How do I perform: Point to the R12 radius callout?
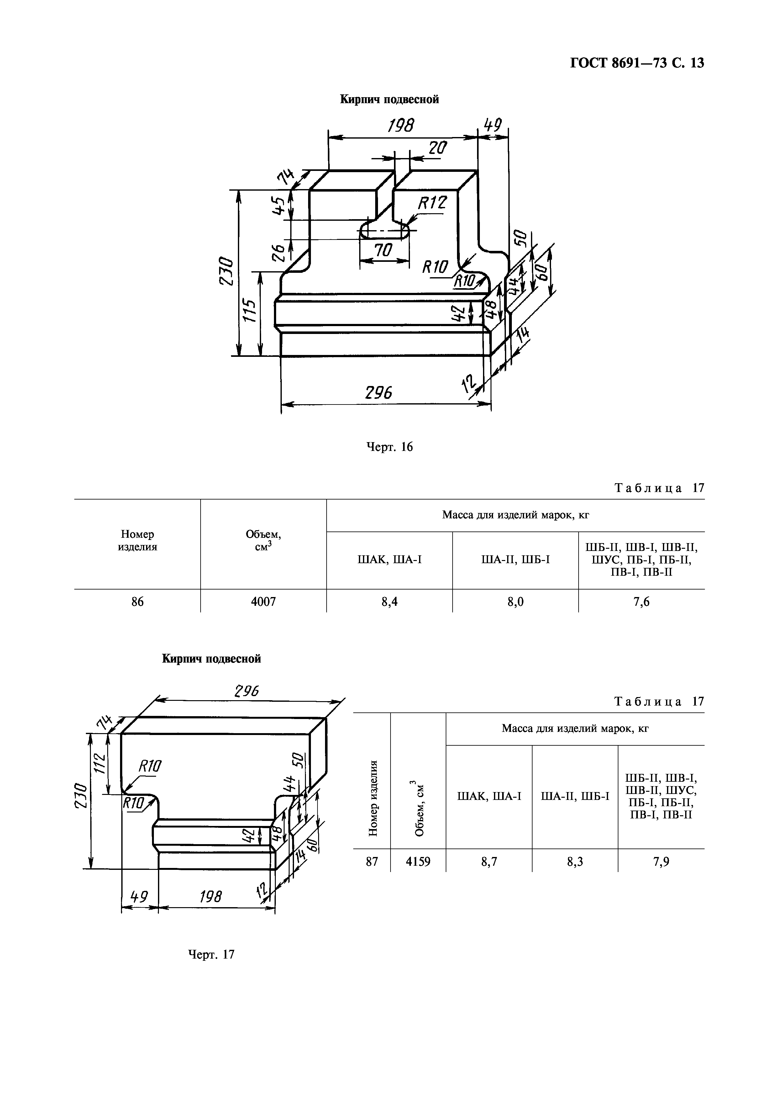click(432, 204)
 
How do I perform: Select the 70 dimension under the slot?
click(383, 250)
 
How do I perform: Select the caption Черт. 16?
click(389, 447)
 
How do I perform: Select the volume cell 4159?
click(418, 862)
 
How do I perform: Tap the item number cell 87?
click(372, 862)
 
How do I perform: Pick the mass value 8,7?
click(489, 862)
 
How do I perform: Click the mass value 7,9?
click(661, 862)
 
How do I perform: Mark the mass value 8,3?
click(575, 862)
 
